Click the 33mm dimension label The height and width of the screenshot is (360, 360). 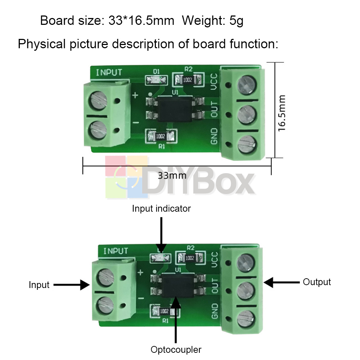[172, 176]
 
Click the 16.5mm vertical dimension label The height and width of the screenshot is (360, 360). [282, 113]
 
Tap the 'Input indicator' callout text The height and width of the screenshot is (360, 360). [161, 208]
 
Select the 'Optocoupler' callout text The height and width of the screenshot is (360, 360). [176, 350]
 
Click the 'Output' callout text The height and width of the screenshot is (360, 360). [317, 282]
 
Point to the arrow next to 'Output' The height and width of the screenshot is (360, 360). [282, 282]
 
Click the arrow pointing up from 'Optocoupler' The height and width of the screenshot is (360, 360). [176, 319]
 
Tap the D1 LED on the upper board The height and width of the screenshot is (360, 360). [156, 80]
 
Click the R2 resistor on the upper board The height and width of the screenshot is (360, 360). [188, 80]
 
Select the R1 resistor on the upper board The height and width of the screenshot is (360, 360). [161, 136]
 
